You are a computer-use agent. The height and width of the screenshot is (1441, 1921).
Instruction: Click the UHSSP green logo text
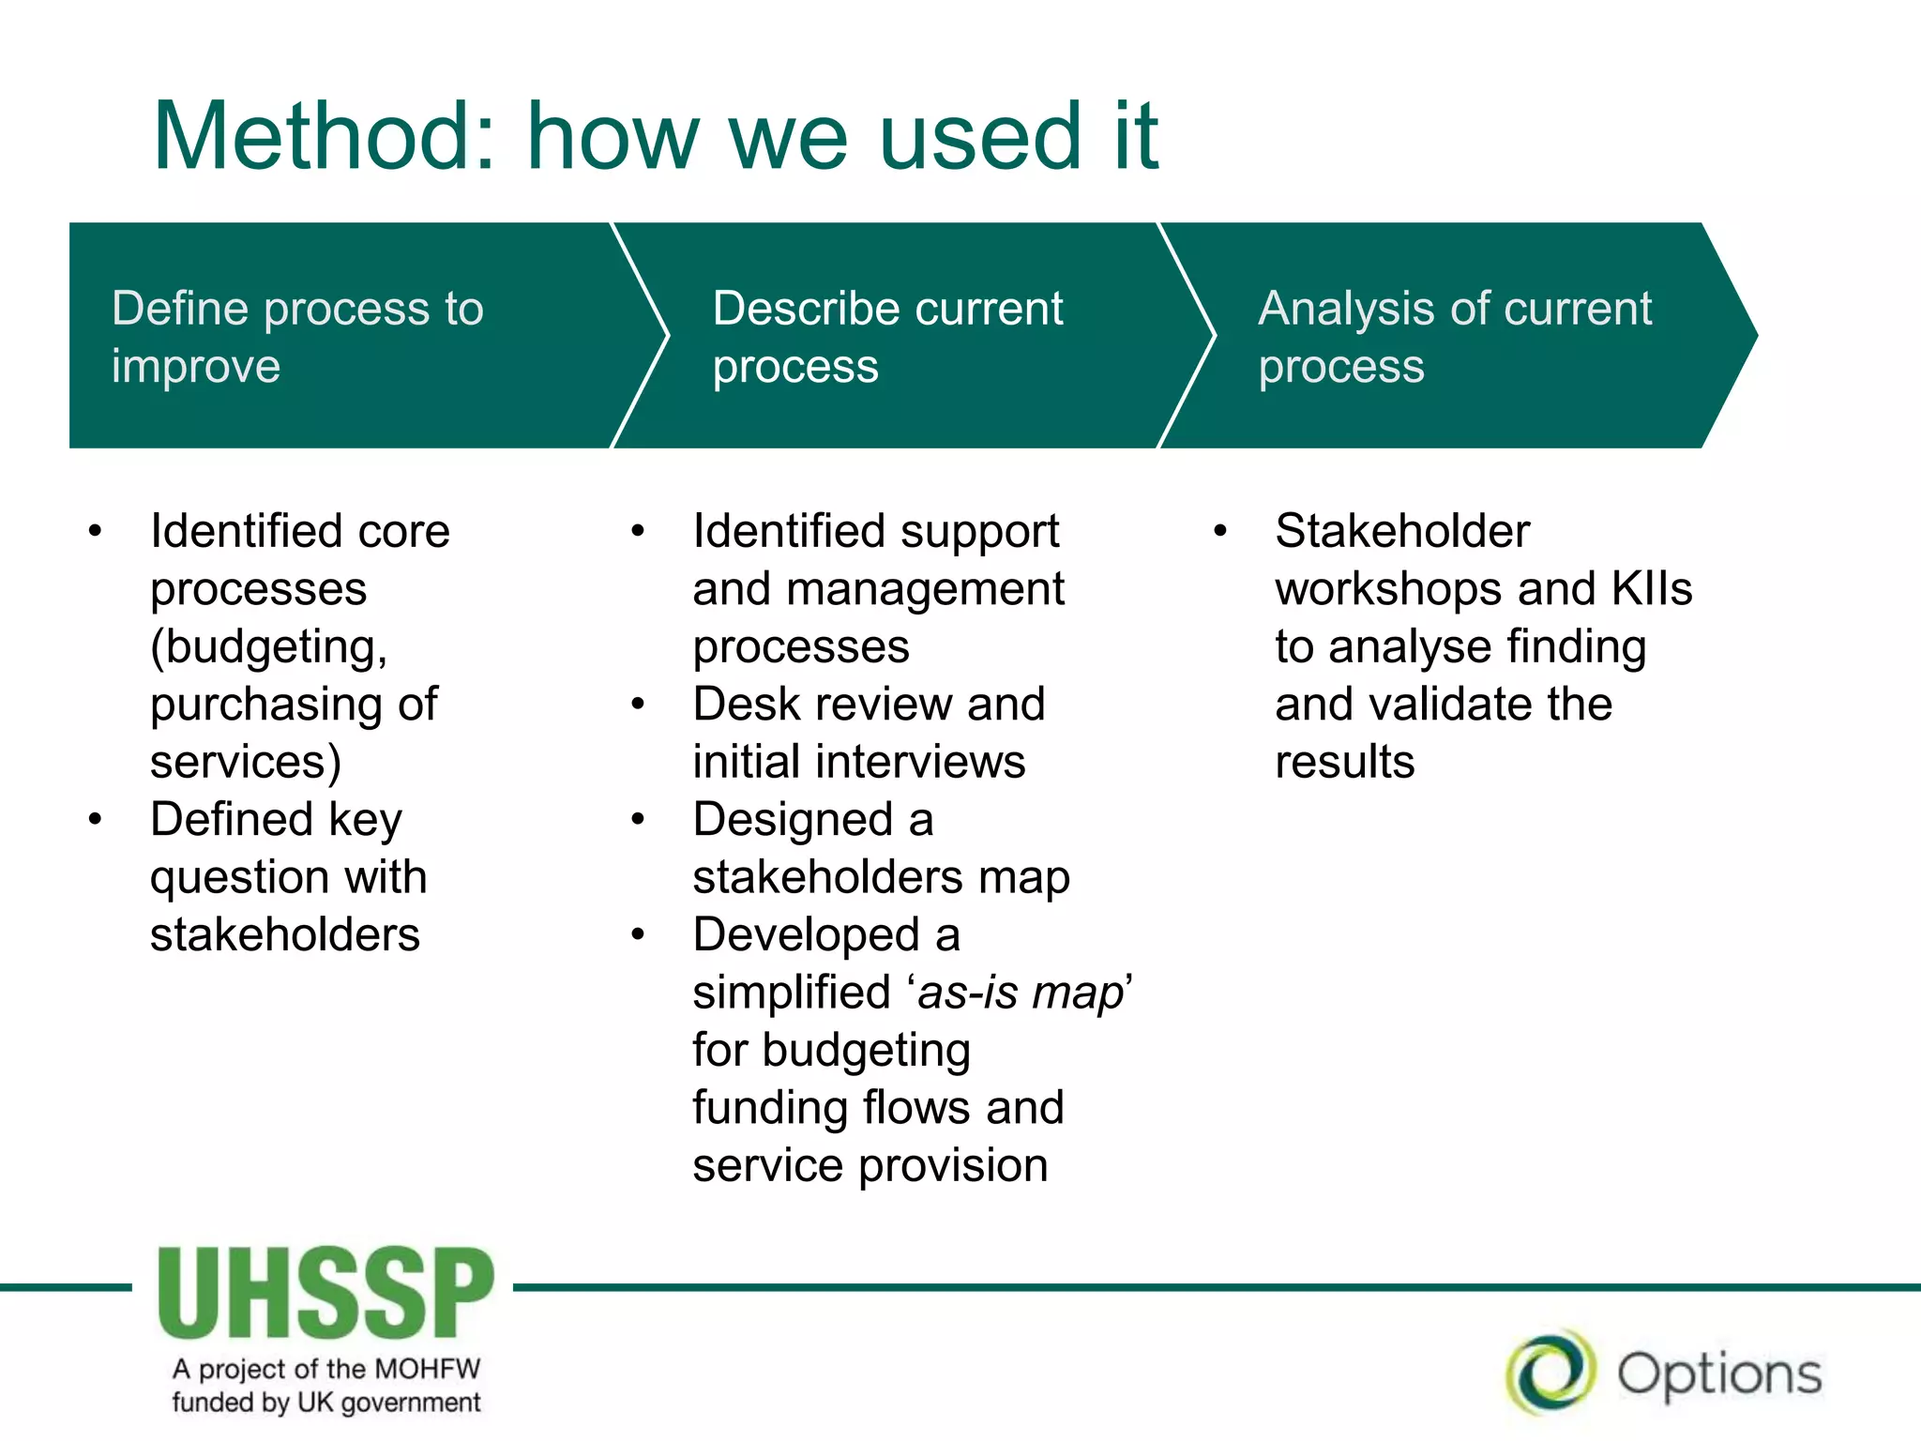[x=325, y=1293]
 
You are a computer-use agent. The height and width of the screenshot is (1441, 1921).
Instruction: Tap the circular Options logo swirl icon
[x=1550, y=1373]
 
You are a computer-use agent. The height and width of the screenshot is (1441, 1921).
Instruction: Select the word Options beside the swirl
[x=1719, y=1375]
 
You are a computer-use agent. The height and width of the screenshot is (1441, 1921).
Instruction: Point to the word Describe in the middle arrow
[x=798, y=309]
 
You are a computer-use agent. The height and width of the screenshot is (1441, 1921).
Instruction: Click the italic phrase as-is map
[x=1021, y=993]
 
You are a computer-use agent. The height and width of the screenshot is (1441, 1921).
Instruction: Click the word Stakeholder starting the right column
[x=1402, y=531]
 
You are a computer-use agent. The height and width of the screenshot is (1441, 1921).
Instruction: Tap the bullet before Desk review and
[x=638, y=704]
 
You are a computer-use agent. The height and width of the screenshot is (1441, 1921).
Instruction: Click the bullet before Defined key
[x=95, y=819]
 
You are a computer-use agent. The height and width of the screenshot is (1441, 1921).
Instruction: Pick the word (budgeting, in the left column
[x=269, y=647]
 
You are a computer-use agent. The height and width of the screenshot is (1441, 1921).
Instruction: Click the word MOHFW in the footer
[x=427, y=1369]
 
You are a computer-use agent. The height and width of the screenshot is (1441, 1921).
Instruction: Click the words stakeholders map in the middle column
[x=881, y=877]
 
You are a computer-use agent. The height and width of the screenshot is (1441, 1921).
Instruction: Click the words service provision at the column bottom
[x=870, y=1166]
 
